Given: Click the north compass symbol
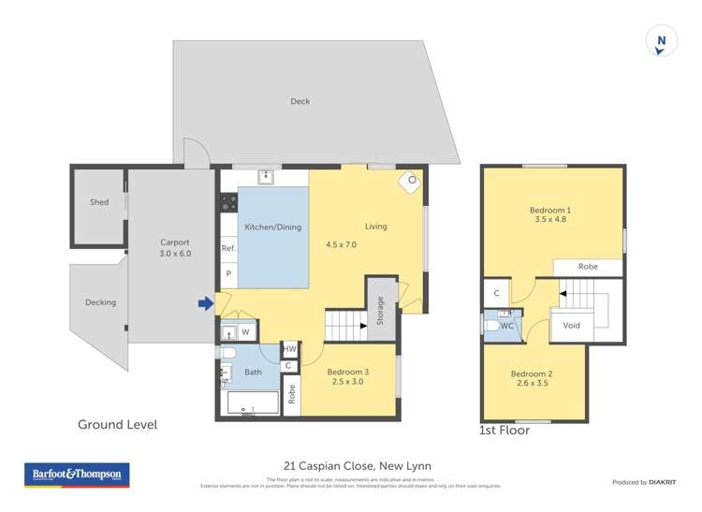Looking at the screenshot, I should pyautogui.click(x=661, y=41).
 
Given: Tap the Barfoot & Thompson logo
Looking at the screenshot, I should pyautogui.click(x=76, y=475).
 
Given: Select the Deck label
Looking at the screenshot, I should pyautogui.click(x=300, y=101).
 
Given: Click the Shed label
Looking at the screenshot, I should pyautogui.click(x=99, y=202).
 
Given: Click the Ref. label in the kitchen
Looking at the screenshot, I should pyautogui.click(x=228, y=249).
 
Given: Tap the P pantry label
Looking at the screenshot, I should pyautogui.click(x=227, y=273).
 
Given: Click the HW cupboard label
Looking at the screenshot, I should pyautogui.click(x=289, y=348).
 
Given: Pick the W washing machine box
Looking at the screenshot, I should pyautogui.click(x=245, y=331).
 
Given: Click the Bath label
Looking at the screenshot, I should pyautogui.click(x=253, y=372).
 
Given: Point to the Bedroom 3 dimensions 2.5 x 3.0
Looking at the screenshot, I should pyautogui.click(x=346, y=382).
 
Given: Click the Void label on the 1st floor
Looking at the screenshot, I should pyautogui.click(x=572, y=326).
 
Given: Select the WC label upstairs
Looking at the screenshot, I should pyautogui.click(x=505, y=327).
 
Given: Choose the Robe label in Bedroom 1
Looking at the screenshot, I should pyautogui.click(x=588, y=267).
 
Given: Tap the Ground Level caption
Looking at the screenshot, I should pyautogui.click(x=117, y=425).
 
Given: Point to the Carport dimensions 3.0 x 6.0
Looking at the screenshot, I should pyautogui.click(x=174, y=253).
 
